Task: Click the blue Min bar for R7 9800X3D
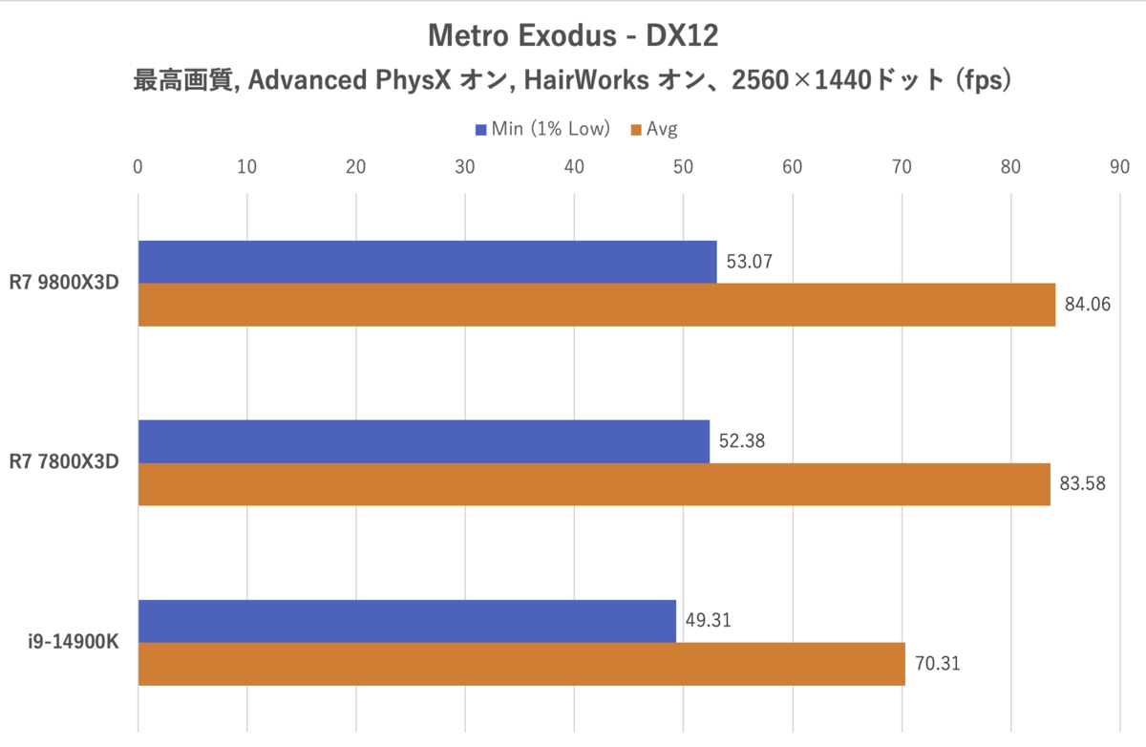point(427,262)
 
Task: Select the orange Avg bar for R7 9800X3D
point(596,305)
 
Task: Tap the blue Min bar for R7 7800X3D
point(424,441)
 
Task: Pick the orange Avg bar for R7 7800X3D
point(594,484)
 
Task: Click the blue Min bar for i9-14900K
point(407,621)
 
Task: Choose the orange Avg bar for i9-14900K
point(521,664)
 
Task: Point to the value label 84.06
point(1088,305)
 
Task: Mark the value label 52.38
point(742,440)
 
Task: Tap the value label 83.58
point(1082,484)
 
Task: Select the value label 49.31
point(709,620)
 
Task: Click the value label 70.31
point(937,664)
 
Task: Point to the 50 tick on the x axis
point(683,166)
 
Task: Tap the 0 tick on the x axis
point(138,166)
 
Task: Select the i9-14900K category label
point(74,642)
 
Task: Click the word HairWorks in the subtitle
point(582,81)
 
